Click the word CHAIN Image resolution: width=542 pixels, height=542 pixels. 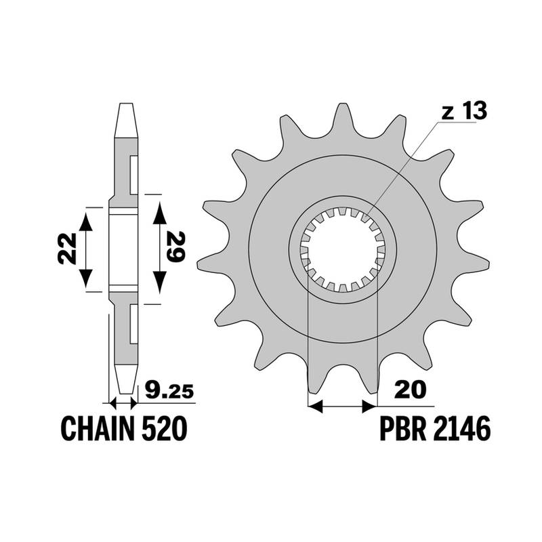tap(97, 428)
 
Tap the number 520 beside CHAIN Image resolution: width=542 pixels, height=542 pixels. tap(165, 428)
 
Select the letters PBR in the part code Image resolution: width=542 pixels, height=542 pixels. tap(403, 428)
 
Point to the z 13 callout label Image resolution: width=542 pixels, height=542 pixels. tap(464, 111)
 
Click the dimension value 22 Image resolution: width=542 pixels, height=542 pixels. tap(67, 249)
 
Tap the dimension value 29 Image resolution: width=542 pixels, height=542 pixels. tap(175, 247)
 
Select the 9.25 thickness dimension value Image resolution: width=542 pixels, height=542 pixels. tap(169, 390)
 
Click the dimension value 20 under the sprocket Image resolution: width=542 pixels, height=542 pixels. tap(411, 390)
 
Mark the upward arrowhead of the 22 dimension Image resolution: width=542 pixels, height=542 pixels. tap(86, 222)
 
